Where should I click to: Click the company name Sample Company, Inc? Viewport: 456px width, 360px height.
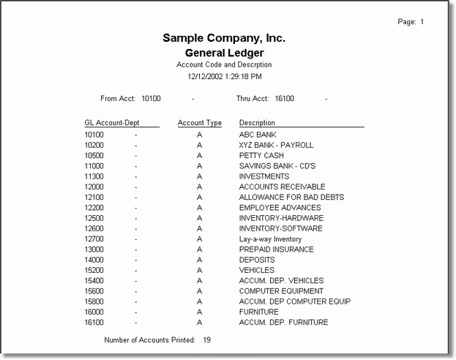click(224, 38)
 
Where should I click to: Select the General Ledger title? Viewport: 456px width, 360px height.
click(224, 53)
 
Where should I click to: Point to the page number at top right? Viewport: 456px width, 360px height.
click(411, 22)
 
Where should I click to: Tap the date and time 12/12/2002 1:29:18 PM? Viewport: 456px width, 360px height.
click(224, 75)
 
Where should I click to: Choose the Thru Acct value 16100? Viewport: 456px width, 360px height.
click(285, 98)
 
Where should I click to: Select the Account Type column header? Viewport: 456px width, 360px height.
click(199, 123)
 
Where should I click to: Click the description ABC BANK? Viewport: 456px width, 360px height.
click(258, 135)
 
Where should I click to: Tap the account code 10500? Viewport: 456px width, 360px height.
click(94, 156)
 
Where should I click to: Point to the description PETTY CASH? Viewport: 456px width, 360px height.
click(261, 156)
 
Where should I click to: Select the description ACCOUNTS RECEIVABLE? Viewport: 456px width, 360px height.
click(282, 187)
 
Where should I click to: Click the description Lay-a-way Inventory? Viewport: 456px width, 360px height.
click(270, 239)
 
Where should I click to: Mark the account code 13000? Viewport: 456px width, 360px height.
click(94, 250)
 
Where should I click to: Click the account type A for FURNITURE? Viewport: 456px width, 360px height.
click(199, 312)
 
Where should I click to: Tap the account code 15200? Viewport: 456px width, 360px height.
click(94, 270)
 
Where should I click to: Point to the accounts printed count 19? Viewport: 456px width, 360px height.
click(206, 340)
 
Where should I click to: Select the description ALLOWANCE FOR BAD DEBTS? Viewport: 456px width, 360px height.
click(291, 198)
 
